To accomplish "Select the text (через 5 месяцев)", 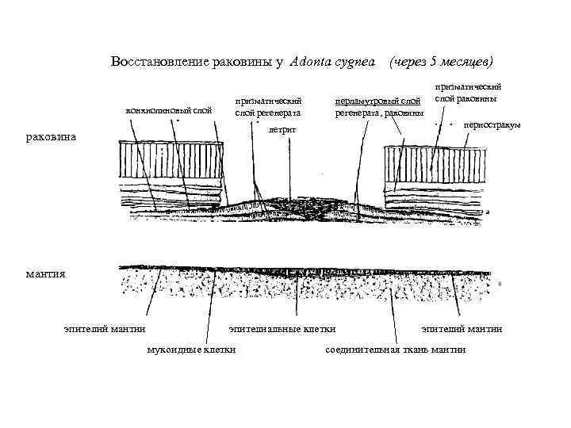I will (439, 62).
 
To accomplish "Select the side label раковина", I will (51, 136).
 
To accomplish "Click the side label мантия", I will (45, 273).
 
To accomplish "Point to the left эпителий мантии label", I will (105, 329).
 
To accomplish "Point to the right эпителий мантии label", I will (462, 329).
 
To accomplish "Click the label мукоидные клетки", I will (192, 350).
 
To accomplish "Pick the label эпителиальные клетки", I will (282, 329).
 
